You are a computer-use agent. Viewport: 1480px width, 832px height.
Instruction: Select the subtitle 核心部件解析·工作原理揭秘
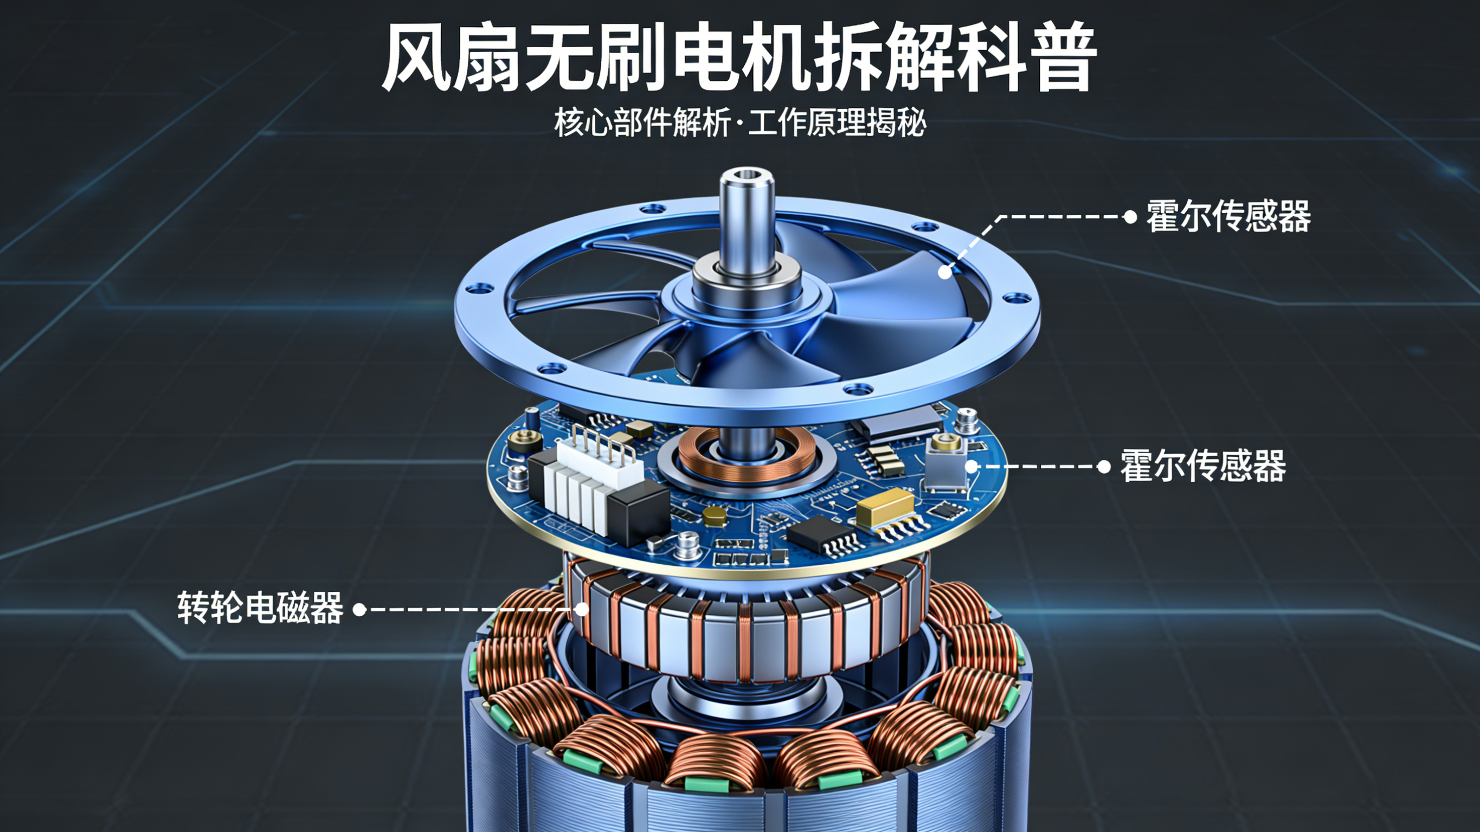(740, 122)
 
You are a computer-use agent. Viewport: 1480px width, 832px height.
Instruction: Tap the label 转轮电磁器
(260, 608)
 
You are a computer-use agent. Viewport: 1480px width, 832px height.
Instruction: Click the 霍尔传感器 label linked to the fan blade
(1228, 217)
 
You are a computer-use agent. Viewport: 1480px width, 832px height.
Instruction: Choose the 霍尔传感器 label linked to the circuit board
(1202, 466)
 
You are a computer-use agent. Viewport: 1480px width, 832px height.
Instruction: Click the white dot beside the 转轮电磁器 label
(359, 610)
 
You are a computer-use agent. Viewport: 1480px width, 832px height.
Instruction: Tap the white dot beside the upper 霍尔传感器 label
(1130, 217)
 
